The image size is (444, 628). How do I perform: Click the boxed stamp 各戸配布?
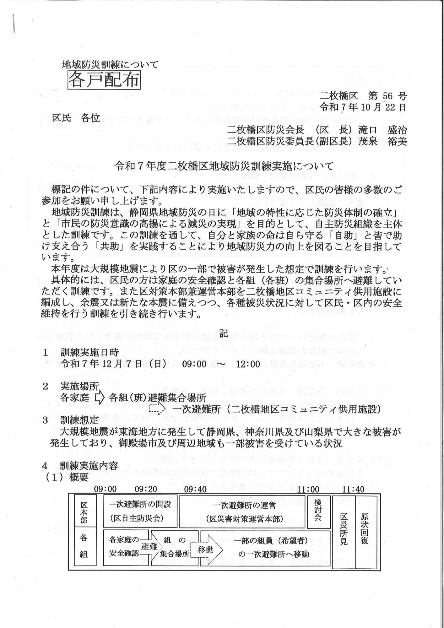click(x=104, y=79)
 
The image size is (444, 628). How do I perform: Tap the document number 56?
click(x=388, y=96)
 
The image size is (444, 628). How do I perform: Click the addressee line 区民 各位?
click(x=76, y=118)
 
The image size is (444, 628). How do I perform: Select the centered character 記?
click(x=223, y=334)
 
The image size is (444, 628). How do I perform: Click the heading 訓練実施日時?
click(x=90, y=353)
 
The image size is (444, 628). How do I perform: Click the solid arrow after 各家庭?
click(x=100, y=398)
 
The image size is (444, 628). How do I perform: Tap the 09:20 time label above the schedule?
click(x=146, y=489)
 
